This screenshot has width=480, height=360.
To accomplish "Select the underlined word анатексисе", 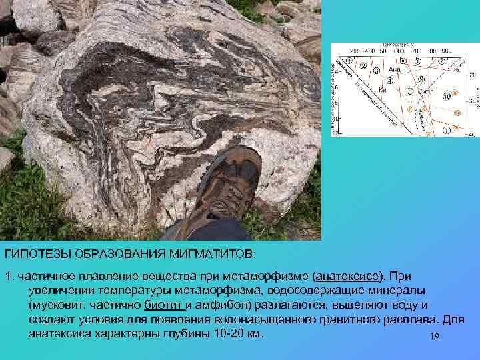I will coord(347,276).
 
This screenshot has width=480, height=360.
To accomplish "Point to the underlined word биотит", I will coord(163,305).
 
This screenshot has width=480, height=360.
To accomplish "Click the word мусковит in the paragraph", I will coord(53,305).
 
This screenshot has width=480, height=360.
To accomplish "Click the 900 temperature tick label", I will coord(446,51).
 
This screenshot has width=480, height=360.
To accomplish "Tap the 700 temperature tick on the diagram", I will coord(415,51).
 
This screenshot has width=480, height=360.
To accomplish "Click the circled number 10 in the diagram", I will coord(447,96).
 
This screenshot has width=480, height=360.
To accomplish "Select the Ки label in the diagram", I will coord(383,90).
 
